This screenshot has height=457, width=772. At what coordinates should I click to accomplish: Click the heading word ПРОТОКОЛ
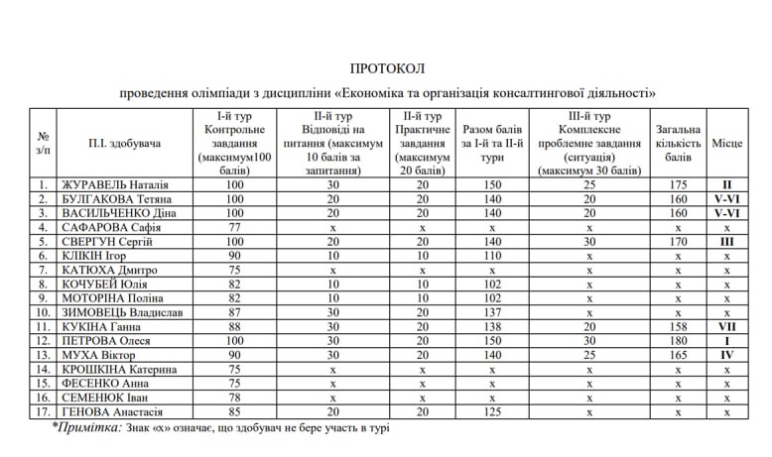point(386,68)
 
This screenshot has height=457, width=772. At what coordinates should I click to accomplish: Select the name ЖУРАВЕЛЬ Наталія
point(115,184)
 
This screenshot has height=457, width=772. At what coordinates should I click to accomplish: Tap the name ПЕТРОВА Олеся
point(106,340)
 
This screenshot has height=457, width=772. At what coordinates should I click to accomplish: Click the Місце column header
point(726,144)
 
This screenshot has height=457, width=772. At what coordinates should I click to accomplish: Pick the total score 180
point(678,340)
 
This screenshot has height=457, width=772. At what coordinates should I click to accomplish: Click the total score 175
point(678,184)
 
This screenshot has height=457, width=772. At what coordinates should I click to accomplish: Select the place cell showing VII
point(726,326)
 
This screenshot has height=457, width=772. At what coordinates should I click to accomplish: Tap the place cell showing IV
point(726,354)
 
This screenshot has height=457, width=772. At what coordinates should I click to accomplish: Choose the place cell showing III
point(726,241)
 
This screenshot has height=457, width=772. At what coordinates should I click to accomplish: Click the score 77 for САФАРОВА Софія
point(234,227)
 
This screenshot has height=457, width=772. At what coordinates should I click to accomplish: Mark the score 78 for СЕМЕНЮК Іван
point(234,397)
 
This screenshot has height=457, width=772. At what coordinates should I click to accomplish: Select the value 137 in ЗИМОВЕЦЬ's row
point(492,312)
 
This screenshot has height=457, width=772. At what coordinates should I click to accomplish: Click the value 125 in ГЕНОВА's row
point(492,410)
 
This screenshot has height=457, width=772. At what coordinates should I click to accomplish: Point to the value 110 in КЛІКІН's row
point(492,256)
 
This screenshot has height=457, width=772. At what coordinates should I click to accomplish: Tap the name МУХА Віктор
point(99,354)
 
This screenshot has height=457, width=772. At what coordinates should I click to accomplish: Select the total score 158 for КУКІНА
point(678,326)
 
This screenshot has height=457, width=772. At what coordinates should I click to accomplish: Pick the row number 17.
point(43,410)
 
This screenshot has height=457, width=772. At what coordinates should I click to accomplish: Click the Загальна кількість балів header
point(678,144)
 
